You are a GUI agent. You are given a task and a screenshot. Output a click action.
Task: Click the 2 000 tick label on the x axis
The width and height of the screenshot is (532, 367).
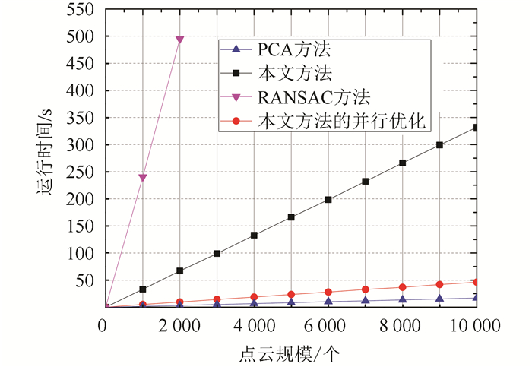(180, 327)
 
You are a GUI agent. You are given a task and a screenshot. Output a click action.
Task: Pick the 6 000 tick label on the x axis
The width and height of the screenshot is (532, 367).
(328, 327)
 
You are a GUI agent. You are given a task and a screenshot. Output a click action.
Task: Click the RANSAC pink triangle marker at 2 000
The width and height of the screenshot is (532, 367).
(180, 40)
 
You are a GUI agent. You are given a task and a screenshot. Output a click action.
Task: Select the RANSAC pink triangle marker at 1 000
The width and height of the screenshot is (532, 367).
(143, 178)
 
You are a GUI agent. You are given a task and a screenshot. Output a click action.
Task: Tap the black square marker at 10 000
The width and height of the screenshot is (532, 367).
(477, 128)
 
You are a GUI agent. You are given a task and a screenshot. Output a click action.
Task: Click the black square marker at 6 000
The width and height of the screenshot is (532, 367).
(328, 200)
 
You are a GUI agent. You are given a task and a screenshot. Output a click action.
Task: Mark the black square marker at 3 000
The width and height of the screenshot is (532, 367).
(217, 254)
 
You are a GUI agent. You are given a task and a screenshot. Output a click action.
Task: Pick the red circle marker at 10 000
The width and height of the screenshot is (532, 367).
(477, 282)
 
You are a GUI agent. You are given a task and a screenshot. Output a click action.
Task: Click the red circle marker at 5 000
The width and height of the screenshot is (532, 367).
(291, 295)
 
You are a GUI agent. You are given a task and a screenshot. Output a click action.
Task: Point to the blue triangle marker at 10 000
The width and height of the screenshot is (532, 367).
(477, 297)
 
